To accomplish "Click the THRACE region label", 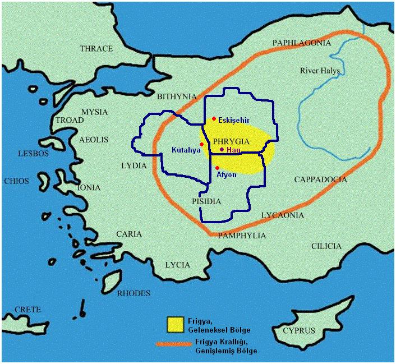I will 96,49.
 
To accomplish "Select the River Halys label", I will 320,71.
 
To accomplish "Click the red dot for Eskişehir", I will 214,119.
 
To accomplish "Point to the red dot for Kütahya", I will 201,144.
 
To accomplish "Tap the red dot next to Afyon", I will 217,168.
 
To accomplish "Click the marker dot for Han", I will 222,150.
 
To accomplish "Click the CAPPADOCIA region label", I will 320,180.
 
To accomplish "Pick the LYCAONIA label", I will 283,215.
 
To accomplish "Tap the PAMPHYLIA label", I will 242,236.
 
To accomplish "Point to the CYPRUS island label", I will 299,330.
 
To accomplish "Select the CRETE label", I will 27,310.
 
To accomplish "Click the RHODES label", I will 133,293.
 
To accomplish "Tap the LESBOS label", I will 34,153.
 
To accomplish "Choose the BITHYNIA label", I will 177,96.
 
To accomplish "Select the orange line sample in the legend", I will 174,344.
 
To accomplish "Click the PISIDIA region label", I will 207,201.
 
